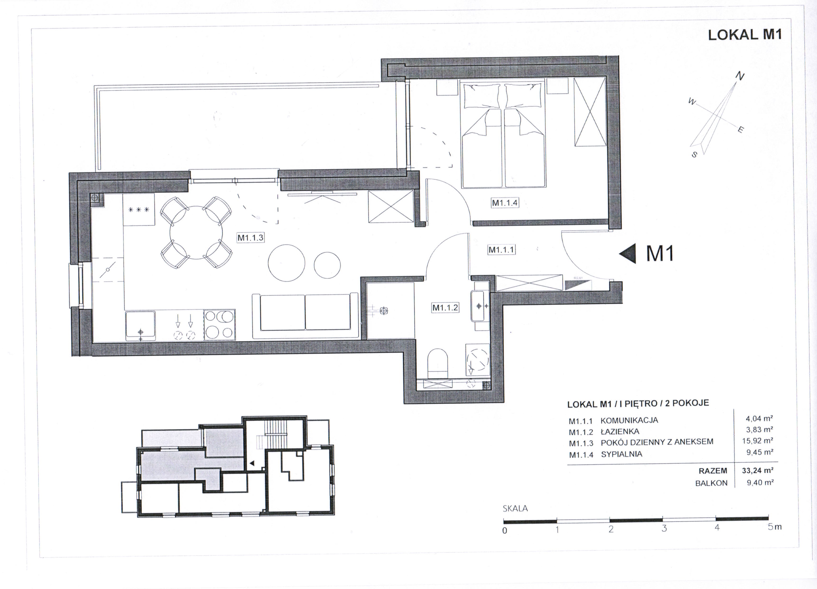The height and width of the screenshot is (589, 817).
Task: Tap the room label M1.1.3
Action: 250,237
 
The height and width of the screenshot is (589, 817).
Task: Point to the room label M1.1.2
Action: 445,308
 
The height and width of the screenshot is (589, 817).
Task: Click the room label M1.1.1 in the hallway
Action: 501,250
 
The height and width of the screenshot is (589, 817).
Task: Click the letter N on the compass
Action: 740,76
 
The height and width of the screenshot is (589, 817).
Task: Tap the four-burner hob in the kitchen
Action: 219,325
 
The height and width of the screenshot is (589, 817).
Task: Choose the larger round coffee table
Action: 287,263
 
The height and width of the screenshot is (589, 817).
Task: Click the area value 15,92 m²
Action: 758,441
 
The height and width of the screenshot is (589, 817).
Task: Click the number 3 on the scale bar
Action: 664,528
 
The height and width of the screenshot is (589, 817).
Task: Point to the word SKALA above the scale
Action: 515,508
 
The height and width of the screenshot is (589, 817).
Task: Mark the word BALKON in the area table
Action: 711,483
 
